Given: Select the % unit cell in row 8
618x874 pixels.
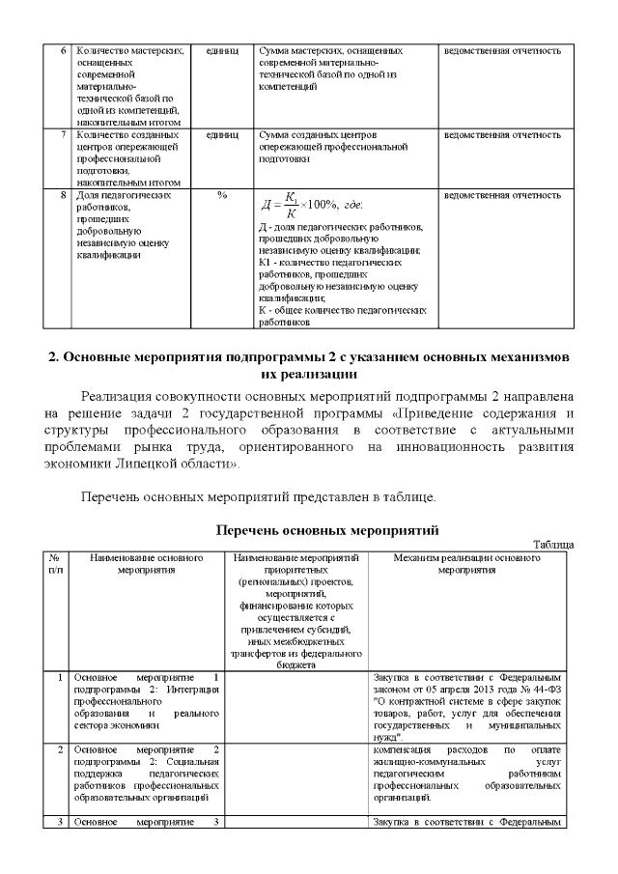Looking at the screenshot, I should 222,195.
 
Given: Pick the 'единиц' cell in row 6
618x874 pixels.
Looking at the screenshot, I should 222,50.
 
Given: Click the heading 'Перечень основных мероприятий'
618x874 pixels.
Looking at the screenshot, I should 327,531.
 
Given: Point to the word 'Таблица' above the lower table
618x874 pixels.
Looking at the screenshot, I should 553,546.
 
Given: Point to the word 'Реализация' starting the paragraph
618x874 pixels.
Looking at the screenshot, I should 118,398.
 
